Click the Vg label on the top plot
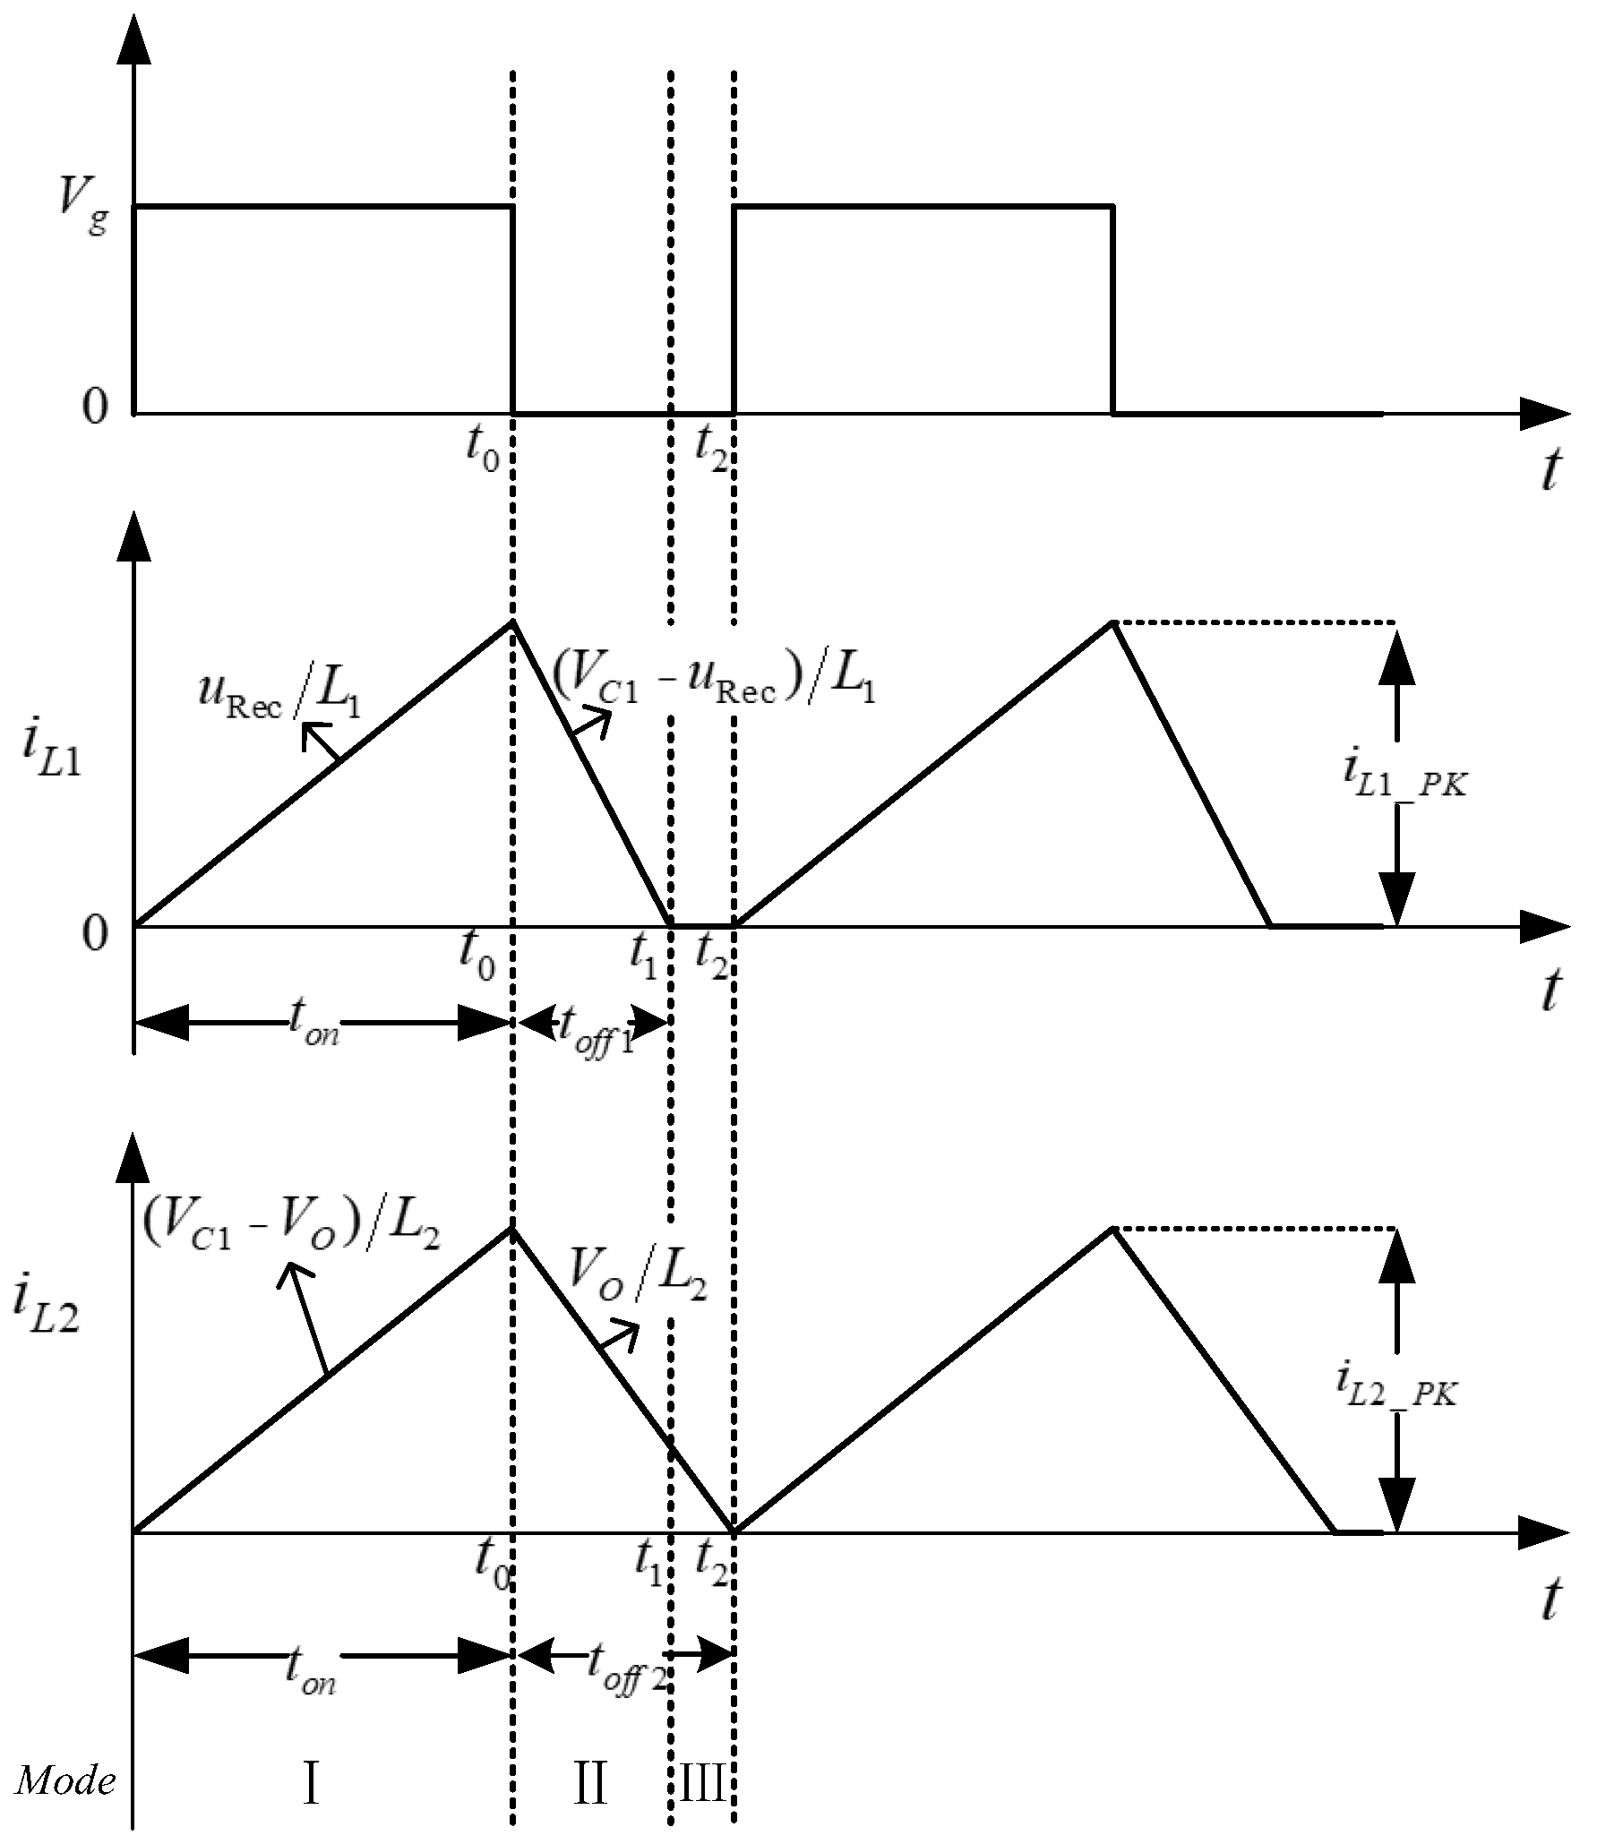(x=82, y=212)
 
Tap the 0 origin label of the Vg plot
(x=94, y=408)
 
